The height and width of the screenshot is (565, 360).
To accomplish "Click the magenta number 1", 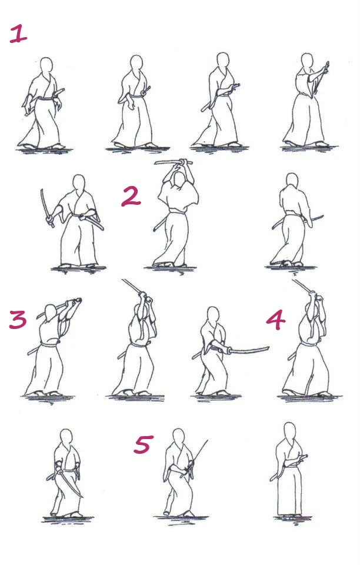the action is (x=18, y=34).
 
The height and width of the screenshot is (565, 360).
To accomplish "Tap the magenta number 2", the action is (x=131, y=197).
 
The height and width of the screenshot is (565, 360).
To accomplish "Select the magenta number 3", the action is (x=18, y=319).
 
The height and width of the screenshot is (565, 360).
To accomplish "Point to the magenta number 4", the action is (x=276, y=320).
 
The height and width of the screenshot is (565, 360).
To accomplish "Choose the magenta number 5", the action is (x=144, y=444).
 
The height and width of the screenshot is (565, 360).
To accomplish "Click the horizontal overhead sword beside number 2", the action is (x=173, y=162).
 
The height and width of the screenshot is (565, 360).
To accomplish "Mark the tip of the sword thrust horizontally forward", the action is (x=269, y=348).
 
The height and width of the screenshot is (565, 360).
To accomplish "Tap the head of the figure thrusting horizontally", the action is (x=213, y=315).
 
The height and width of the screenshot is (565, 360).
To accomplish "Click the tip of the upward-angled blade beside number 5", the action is (x=208, y=440).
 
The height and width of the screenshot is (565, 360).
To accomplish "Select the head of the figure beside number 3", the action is (x=51, y=313).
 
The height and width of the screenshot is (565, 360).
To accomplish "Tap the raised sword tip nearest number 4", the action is (x=293, y=281).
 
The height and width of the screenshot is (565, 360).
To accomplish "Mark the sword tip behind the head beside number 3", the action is (x=38, y=318).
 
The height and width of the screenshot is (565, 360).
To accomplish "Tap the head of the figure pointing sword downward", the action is (x=66, y=437).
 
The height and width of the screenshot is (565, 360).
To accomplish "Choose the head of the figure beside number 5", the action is (x=179, y=437).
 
